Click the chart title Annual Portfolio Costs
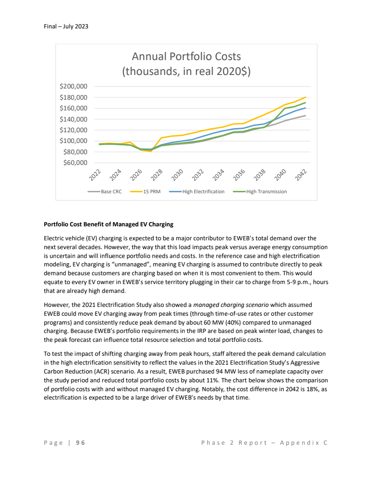[186, 57]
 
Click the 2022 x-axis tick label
[95, 175]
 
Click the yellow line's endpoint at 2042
[305, 97]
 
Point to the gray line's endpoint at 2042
[305, 115]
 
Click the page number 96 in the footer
[80, 442]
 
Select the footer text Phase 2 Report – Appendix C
[264, 442]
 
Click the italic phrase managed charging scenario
[231, 305]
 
